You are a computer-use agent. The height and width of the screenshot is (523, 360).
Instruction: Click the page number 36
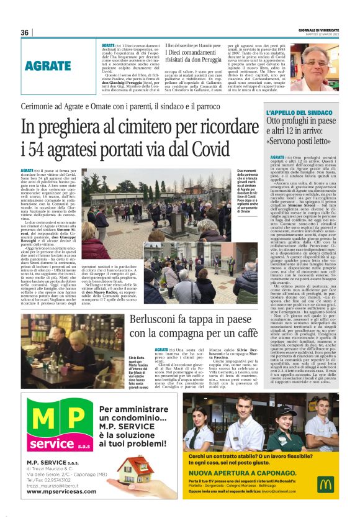[25, 32]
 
